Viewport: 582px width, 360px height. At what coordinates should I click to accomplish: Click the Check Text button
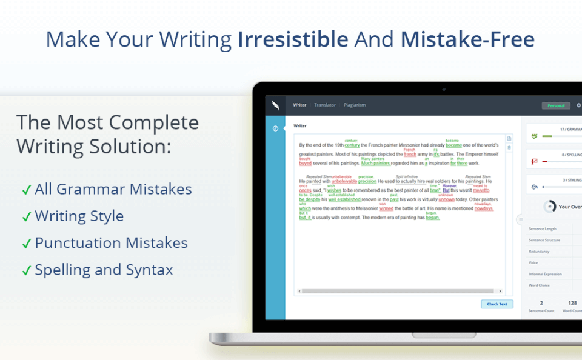coord(497,304)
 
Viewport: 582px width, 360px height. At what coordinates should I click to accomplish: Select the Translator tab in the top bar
coord(325,105)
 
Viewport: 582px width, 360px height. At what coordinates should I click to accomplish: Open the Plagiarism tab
coord(355,105)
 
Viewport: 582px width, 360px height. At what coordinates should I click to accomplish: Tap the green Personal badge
coord(555,105)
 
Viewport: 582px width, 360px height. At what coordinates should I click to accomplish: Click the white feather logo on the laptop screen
coord(275,105)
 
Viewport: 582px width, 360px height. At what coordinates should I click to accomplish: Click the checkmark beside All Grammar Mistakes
coord(26,190)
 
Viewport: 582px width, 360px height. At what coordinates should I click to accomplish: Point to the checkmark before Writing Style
coord(26,217)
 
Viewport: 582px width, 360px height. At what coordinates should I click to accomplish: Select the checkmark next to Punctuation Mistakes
coord(26,244)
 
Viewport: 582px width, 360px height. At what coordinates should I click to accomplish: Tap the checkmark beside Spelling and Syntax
coord(26,271)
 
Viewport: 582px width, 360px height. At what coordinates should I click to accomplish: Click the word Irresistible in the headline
coord(293,39)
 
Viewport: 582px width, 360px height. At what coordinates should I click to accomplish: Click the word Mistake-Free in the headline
coord(467,39)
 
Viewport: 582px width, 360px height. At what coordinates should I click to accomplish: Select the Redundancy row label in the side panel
coord(539,251)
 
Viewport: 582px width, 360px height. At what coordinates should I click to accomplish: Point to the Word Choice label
coord(539,284)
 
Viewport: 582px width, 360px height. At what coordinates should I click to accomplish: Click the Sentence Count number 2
coord(541,302)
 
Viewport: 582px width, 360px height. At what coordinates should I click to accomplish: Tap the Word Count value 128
coord(572,302)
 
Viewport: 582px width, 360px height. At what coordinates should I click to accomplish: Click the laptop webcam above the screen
coord(444,89)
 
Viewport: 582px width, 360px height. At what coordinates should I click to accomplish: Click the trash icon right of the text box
coord(509,147)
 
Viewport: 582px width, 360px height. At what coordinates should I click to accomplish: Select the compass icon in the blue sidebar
coord(275,128)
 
